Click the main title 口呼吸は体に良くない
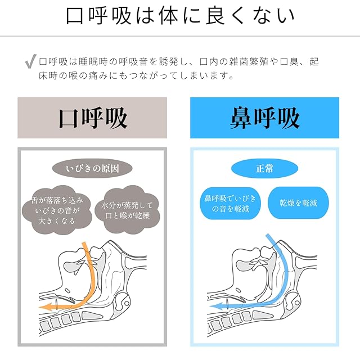[180, 16]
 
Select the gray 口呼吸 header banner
[92, 118]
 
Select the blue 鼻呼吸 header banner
[264, 118]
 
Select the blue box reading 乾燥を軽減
[298, 202]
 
